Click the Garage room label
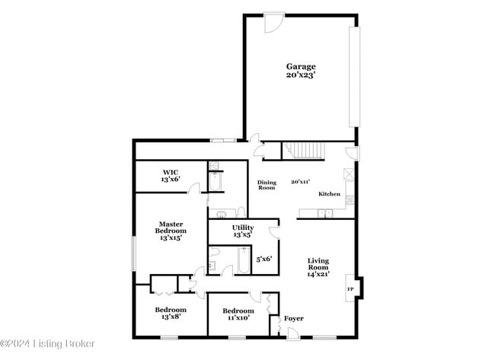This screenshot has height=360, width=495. [301, 66]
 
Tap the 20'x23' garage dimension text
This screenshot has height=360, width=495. [301, 75]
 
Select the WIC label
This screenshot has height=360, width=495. [170, 172]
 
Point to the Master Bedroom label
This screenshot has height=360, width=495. [171, 227]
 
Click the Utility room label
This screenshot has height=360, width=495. [242, 228]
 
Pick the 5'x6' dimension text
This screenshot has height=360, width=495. [264, 260]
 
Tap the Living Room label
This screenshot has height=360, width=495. [318, 264]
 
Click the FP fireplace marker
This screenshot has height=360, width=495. [351, 289]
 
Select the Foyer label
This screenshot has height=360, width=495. [293, 318]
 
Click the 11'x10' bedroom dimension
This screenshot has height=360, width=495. [238, 318]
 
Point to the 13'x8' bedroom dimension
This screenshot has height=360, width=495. [171, 317]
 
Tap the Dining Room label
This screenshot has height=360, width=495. [266, 185]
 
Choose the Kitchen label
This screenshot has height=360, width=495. [329, 194]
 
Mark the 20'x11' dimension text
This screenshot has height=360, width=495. [301, 182]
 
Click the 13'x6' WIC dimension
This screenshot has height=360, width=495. [170, 180]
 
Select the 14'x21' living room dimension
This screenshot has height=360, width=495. [318, 274]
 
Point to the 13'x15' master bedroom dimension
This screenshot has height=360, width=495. [171, 238]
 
